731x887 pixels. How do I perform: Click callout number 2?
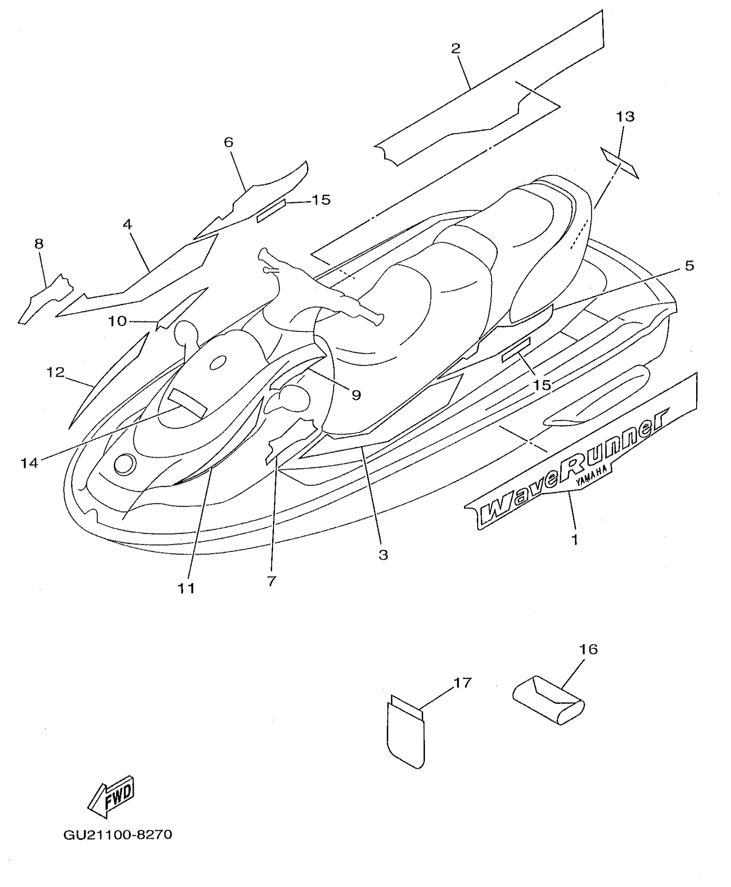point(456,48)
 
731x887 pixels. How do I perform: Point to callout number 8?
point(39,244)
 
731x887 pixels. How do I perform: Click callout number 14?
point(30,463)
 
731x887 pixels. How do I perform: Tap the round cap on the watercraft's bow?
point(125,464)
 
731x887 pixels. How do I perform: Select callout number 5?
point(689,265)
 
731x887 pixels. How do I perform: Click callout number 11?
point(186,588)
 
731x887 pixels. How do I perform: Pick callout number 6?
point(228,142)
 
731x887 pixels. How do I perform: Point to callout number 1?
point(575,539)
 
